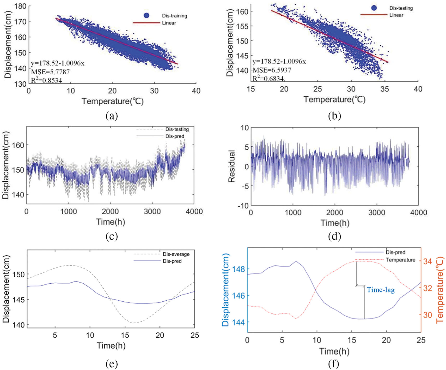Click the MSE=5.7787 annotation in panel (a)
50,72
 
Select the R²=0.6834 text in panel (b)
268,78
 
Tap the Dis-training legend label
174,16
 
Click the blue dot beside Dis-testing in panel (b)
374,8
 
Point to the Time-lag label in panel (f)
381,290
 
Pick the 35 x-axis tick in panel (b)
384,89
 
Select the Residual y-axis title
231,166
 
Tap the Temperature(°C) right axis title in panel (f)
440,290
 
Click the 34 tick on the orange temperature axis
428,261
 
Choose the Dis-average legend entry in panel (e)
176,254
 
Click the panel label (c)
112,236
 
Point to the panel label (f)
334,363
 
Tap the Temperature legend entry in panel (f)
400,260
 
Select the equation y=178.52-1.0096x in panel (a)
58,63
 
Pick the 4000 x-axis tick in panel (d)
418,213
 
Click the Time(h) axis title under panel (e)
111,346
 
